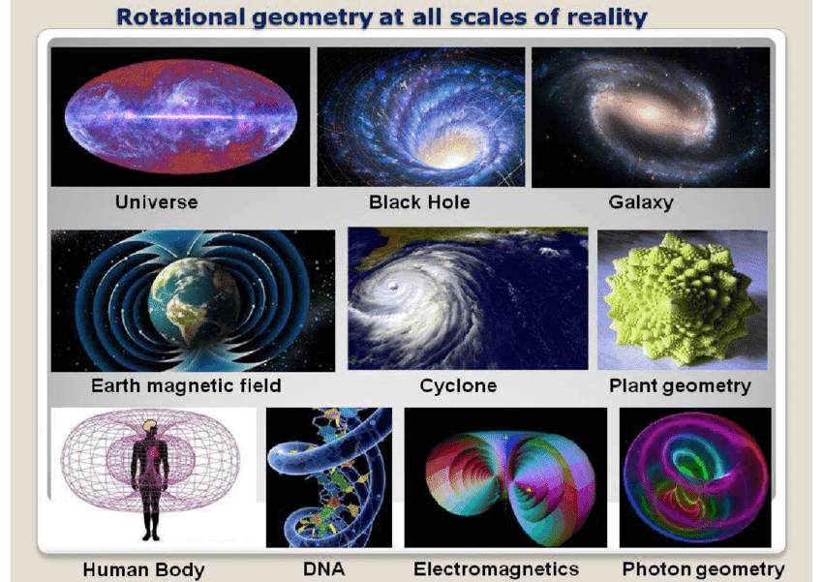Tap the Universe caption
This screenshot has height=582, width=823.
[x=157, y=202]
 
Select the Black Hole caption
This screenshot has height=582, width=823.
[x=419, y=202]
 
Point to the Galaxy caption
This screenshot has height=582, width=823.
[x=641, y=202]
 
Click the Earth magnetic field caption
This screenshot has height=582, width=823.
[x=186, y=385]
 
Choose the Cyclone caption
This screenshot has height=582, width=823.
[x=458, y=385]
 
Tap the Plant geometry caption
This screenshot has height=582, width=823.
[x=680, y=386]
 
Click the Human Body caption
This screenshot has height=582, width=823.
[x=143, y=570]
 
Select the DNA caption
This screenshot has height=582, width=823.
[x=323, y=568]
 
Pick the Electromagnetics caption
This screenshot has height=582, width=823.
[x=496, y=568]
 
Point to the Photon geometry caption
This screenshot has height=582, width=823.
[x=703, y=569]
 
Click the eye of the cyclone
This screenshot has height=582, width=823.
[x=392, y=286]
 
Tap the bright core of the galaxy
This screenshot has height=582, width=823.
[x=649, y=111]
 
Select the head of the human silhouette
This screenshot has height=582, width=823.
[x=149, y=428]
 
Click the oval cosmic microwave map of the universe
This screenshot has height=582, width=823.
[x=180, y=116]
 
